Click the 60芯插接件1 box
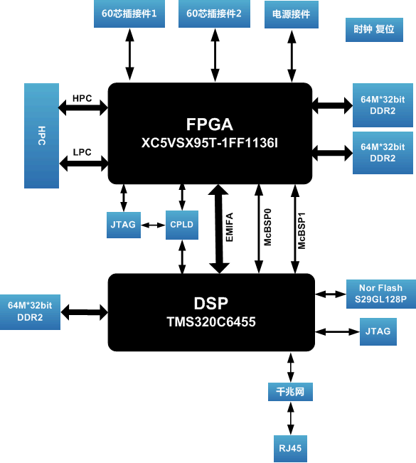[129, 14]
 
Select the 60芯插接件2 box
[214, 14]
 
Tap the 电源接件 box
[292, 14]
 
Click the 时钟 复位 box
[374, 30]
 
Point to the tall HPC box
[42, 136]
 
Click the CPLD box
[182, 225]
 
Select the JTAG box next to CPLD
[124, 225]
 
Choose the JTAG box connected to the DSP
[378, 331]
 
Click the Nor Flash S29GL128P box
[381, 294]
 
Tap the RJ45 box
[290, 449]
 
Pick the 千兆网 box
[290, 392]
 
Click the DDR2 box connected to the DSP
[30, 312]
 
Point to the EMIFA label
[230, 227]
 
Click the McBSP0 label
[267, 227]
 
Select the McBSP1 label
[302, 230]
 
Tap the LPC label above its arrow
[82, 152]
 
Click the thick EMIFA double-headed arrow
[219, 229]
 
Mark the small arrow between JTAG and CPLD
[153, 225]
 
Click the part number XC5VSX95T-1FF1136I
[210, 143]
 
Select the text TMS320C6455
[211, 322]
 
